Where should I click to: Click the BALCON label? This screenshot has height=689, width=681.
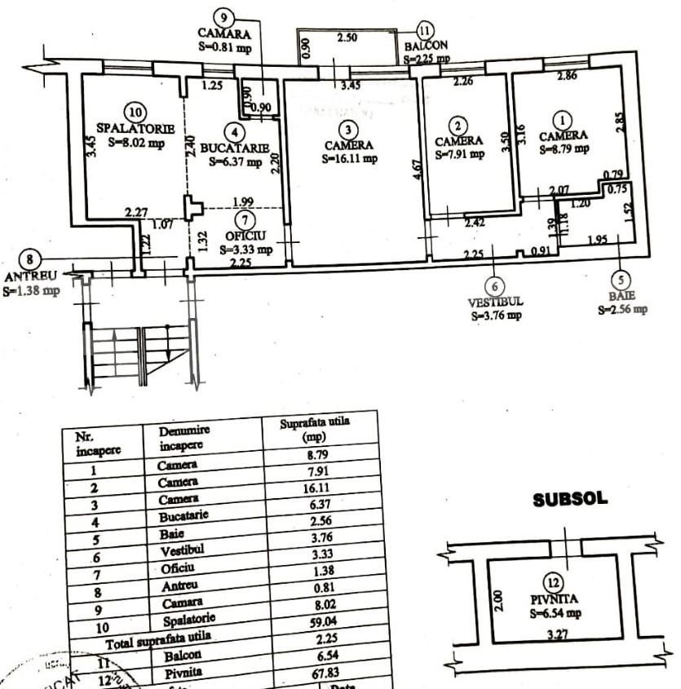(426, 46)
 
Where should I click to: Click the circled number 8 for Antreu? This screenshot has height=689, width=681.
(30, 259)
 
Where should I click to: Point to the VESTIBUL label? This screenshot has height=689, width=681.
(495, 301)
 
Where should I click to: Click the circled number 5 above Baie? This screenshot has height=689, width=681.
(621, 278)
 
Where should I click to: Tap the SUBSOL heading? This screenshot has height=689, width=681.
(570, 500)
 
